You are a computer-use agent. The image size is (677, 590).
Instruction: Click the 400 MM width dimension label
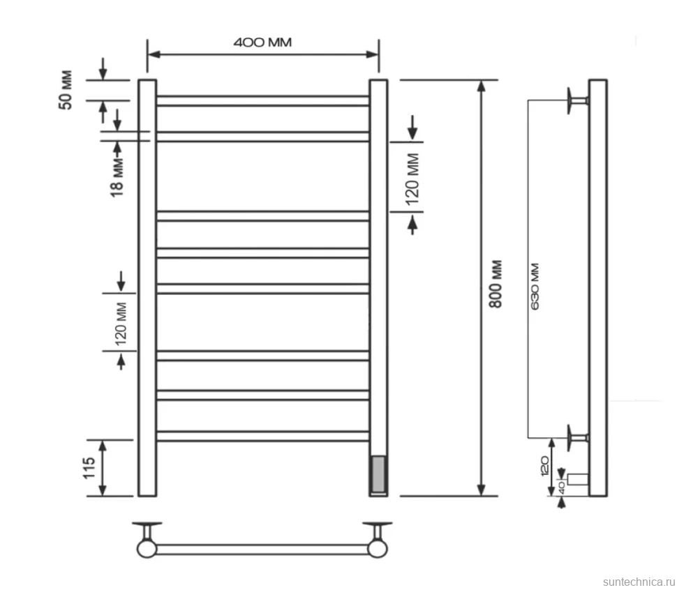pos(262,43)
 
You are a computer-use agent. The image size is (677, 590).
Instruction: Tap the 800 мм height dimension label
pos(496,284)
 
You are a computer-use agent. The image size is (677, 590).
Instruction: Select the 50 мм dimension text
pos(66,90)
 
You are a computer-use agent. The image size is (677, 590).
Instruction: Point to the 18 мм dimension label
pos(117,177)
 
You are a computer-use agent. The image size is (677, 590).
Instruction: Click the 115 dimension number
pos(89,468)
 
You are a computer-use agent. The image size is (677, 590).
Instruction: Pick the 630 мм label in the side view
pos(535,287)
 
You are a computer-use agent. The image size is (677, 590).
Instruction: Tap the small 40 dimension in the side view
pos(561,487)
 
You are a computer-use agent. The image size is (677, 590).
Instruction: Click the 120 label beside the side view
pos(544,466)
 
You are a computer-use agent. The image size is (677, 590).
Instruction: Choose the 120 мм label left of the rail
pos(121,324)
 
